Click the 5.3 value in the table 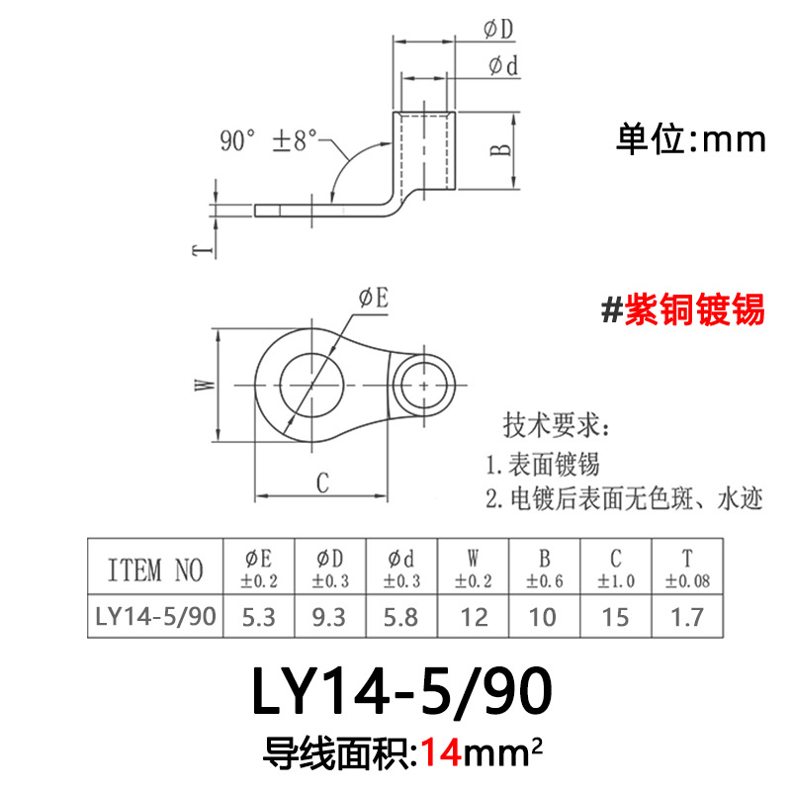point(259,618)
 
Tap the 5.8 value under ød point(401,618)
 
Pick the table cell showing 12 point(475,618)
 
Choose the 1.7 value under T point(688,618)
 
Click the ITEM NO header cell point(155,570)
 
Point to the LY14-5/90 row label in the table point(155,618)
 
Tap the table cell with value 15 point(615,618)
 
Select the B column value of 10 point(544,618)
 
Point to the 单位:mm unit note point(691,139)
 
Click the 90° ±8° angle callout point(268,139)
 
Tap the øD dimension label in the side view point(498,31)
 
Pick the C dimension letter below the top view point(321,482)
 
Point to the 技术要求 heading point(557,427)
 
